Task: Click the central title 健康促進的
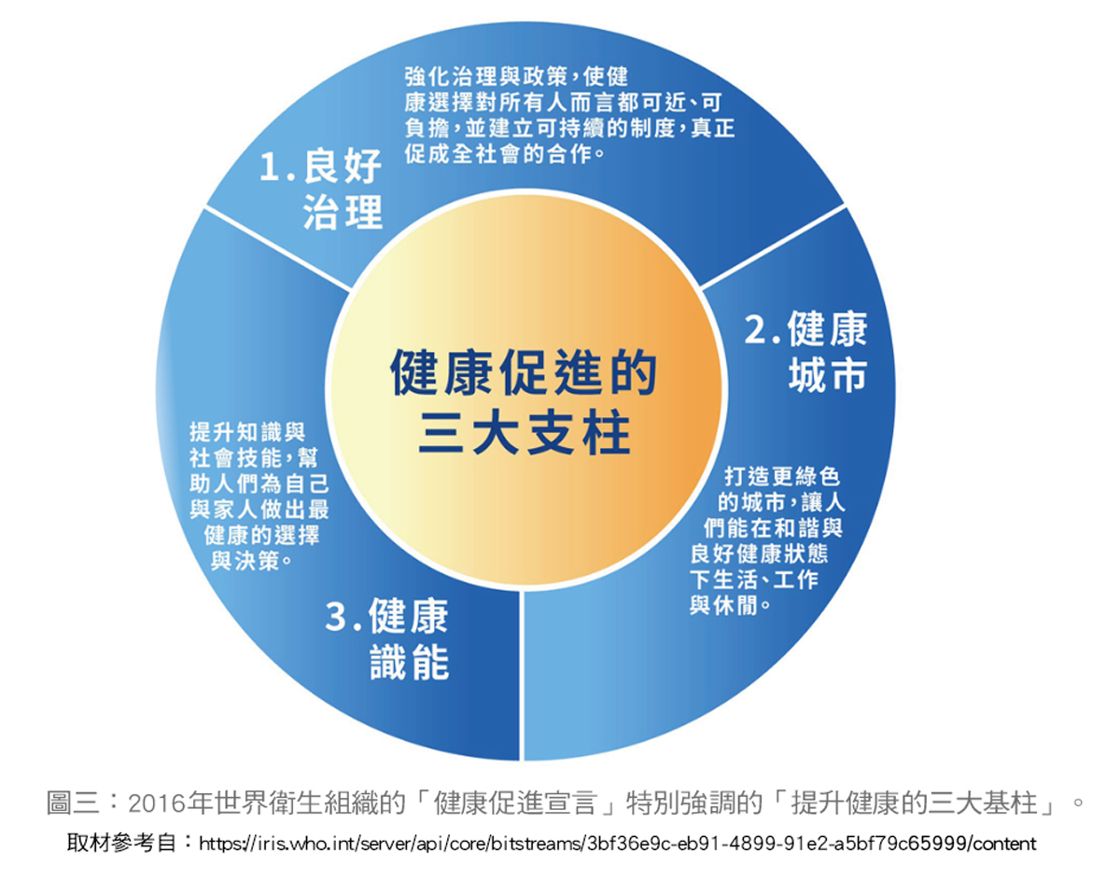[523, 372]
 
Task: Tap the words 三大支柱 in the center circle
[525, 433]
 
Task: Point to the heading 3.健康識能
[386, 639]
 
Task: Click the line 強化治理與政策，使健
[516, 77]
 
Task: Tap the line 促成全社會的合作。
[505, 153]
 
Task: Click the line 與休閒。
[731, 605]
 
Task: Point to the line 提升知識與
[247, 431]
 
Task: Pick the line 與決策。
[252, 561]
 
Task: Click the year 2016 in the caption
[157, 803]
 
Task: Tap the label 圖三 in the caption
[72, 803]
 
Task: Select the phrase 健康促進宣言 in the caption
[514, 803]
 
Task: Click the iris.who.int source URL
[618, 843]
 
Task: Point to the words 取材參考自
[121, 843]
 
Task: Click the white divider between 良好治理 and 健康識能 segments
[278, 247]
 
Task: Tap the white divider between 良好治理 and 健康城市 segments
[773, 246]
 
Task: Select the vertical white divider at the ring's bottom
[522, 676]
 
